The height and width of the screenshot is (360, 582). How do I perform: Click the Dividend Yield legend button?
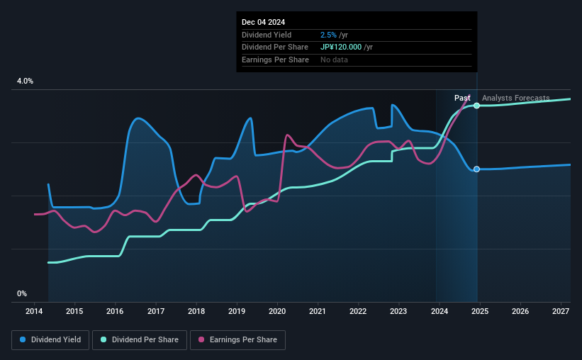click(x=50, y=340)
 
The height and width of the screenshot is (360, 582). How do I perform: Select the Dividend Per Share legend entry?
click(x=140, y=340)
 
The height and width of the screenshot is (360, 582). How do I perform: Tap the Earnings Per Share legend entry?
click(x=237, y=340)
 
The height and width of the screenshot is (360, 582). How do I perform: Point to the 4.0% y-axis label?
click(x=25, y=81)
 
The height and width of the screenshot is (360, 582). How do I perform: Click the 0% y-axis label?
click(x=22, y=293)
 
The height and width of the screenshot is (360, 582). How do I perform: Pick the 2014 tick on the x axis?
click(x=34, y=311)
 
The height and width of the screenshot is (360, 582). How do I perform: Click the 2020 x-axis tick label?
click(x=277, y=311)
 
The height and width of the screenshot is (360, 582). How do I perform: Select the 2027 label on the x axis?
click(x=560, y=311)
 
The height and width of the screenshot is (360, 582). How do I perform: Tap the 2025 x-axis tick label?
click(x=479, y=311)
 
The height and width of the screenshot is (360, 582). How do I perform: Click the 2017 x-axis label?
click(x=156, y=311)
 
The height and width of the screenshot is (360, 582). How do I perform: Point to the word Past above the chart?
click(x=462, y=98)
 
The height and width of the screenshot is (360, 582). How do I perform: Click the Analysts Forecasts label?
click(x=515, y=98)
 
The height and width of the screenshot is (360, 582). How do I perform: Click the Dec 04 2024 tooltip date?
click(x=264, y=23)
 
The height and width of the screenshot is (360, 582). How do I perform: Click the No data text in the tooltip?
click(x=334, y=60)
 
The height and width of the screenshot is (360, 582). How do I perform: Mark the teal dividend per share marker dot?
click(x=477, y=106)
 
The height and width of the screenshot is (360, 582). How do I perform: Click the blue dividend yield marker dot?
click(x=477, y=169)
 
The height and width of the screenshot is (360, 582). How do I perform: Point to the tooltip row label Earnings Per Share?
click(x=275, y=60)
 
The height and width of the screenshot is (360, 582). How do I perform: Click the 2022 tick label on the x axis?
click(x=358, y=311)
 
